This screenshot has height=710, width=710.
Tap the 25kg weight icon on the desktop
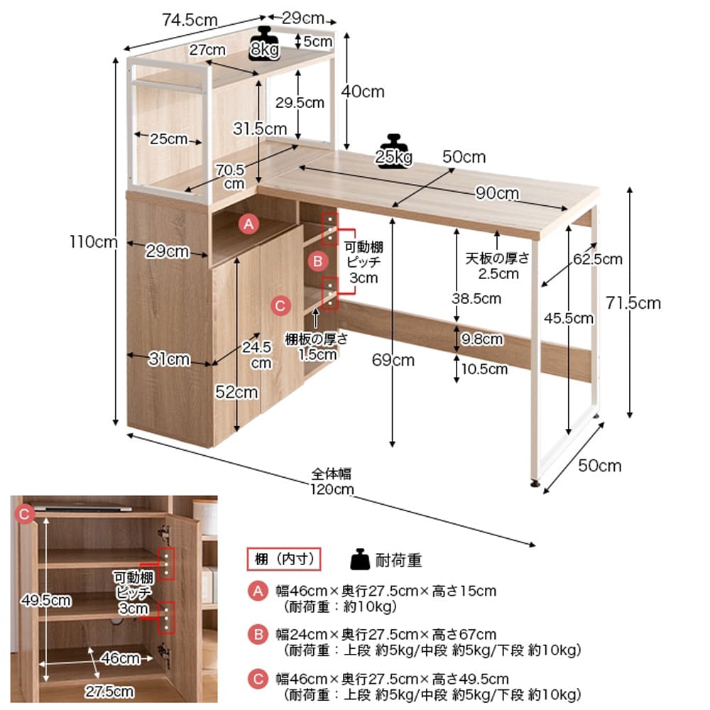click(394, 150)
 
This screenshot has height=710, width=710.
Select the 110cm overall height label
click(93, 242)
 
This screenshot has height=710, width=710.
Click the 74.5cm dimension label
click(190, 20)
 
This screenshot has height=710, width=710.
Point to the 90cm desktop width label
click(497, 193)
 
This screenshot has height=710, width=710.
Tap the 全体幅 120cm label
click(332, 481)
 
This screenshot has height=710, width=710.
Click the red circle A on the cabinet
click(248, 224)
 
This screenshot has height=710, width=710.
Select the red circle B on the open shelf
click(317, 261)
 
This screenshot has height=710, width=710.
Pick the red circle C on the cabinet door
click(281, 305)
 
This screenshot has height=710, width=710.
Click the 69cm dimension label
click(393, 360)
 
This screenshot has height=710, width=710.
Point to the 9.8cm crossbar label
click(482, 339)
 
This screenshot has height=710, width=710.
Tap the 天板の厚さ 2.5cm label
click(498, 265)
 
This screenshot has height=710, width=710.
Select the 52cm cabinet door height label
click(237, 392)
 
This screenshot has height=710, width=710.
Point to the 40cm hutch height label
click(363, 91)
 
